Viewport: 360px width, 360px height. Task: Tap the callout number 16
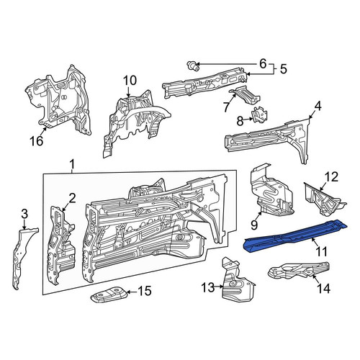(37, 140)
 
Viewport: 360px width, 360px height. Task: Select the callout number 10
(130, 81)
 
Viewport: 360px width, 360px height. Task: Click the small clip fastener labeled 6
(193, 66)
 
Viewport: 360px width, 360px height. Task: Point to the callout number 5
(284, 69)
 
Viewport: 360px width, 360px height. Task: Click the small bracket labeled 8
(259, 115)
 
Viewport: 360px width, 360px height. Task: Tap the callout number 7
(225, 107)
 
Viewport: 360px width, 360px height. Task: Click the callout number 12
(331, 177)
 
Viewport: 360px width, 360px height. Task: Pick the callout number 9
(254, 225)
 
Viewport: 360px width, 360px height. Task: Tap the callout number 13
(208, 287)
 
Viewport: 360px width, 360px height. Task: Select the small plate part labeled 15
(108, 294)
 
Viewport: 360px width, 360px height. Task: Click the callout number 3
(24, 215)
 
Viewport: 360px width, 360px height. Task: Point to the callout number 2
(72, 199)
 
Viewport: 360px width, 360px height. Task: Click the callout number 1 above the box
(72, 165)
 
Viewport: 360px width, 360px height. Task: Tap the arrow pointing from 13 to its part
(220, 287)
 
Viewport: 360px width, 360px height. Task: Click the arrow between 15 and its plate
(132, 292)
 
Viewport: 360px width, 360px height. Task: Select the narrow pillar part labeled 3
(24, 258)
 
